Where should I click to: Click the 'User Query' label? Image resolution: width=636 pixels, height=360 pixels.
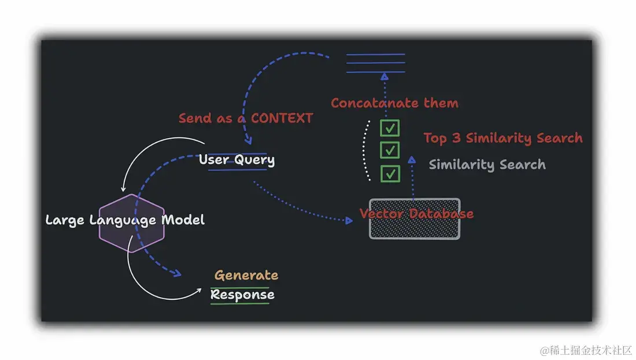[236, 159]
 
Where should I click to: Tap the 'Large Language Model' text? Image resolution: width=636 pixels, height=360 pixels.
[125, 220]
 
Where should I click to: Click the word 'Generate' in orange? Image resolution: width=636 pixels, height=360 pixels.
[246, 275]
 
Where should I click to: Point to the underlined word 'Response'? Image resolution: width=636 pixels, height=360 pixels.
[242, 295]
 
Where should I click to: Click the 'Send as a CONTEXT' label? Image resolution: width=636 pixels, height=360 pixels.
[246, 118]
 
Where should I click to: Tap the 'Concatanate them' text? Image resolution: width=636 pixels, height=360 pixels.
[394, 103]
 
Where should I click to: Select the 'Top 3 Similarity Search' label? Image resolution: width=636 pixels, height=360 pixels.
[503, 138]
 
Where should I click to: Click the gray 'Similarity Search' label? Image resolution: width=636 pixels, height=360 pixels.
[487, 165]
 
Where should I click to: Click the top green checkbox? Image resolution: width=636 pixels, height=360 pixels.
[390, 128]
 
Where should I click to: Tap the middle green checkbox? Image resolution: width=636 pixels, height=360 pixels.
[390, 150]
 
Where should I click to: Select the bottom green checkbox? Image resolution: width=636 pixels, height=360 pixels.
[390, 173]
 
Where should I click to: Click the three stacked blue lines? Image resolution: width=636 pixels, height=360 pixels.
[375, 64]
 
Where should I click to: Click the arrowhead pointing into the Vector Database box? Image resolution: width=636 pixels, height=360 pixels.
[349, 220]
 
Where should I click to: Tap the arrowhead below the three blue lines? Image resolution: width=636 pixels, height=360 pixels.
[384, 77]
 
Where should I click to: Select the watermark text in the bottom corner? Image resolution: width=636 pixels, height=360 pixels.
[586, 350]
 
